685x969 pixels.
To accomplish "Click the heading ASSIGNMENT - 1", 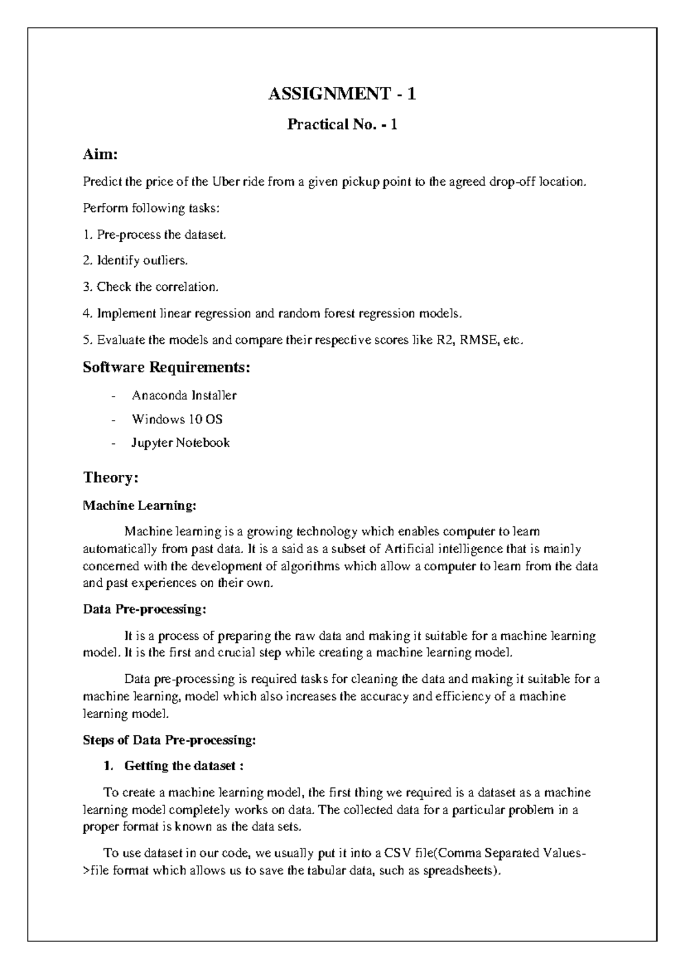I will pyautogui.click(x=342, y=93).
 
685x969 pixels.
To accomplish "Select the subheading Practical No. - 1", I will pyautogui.click(x=342, y=124).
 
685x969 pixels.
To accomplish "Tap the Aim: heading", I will pyautogui.click(x=100, y=154).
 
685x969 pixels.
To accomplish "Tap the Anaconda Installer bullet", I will pyautogui.click(x=184, y=395).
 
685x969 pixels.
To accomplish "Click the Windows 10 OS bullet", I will pyautogui.click(x=177, y=419).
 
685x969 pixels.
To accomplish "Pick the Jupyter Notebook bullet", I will pyautogui.click(x=180, y=443).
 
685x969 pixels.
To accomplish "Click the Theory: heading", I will pyautogui.click(x=111, y=478).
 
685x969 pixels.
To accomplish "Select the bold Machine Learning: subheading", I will pyautogui.click(x=139, y=506).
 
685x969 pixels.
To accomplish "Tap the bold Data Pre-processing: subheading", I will pyautogui.click(x=144, y=610).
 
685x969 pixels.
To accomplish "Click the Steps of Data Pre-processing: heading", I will pyautogui.click(x=170, y=740).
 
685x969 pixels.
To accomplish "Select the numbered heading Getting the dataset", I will pyautogui.click(x=184, y=766).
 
